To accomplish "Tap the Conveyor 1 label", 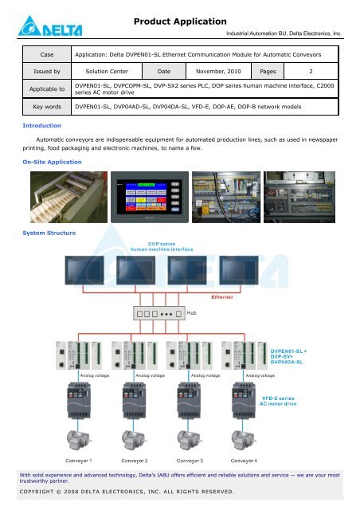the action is click(84, 460).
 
